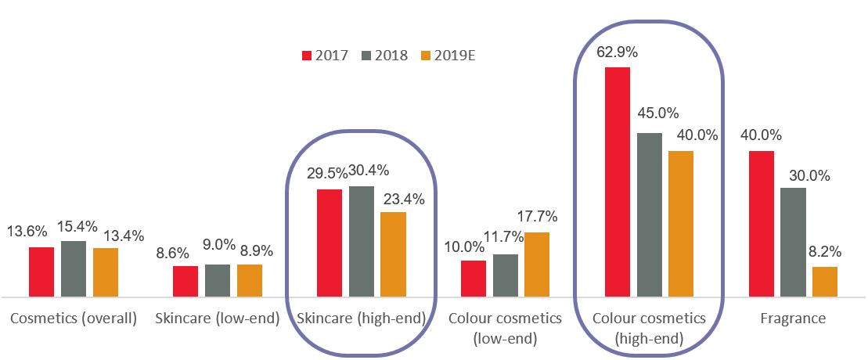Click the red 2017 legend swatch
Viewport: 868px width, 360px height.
(307, 56)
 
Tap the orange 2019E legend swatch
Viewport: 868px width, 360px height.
(427, 56)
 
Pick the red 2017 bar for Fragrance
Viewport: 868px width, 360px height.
(762, 224)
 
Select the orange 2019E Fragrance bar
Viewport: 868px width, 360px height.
(825, 282)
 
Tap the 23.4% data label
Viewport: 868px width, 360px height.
(403, 199)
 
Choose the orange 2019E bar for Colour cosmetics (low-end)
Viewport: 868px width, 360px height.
(537, 265)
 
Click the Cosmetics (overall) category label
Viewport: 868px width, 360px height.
(74, 319)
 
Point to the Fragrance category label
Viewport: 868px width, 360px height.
(793, 319)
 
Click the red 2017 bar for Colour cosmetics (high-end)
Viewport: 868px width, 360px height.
(618, 182)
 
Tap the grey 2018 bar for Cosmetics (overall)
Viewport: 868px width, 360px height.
(74, 268)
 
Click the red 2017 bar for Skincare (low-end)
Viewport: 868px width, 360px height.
(185, 281)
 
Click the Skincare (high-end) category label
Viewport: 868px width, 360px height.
(361, 319)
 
